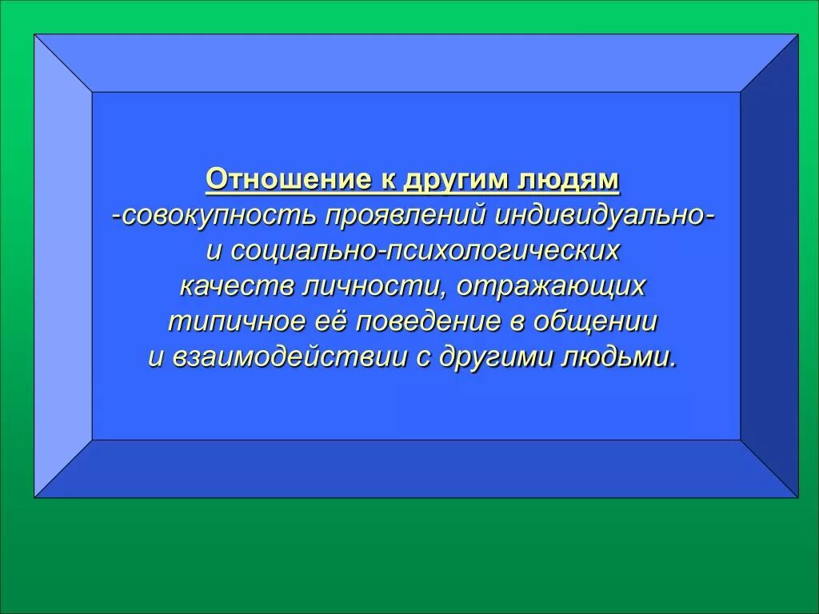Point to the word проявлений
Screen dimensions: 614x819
tap(409, 216)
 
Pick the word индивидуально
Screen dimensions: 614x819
tap(600, 216)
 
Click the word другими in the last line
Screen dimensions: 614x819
tap(496, 357)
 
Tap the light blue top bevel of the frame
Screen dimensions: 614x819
tap(416, 62)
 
